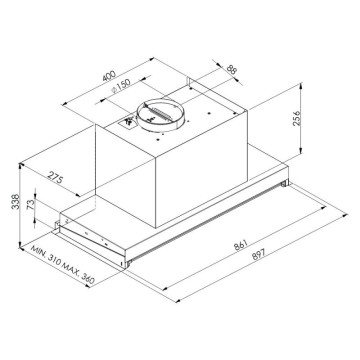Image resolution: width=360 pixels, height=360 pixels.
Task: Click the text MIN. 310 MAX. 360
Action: tap(62, 262)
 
